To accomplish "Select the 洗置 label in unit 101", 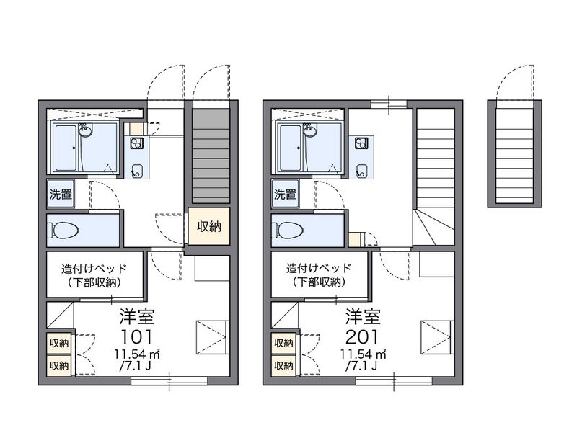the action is (x=61, y=194).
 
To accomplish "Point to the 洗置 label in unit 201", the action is (x=285, y=194).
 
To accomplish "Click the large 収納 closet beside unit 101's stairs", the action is (x=209, y=226).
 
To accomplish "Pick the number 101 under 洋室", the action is (x=136, y=336).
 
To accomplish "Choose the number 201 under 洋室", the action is (x=362, y=336).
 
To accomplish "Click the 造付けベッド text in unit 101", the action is (x=94, y=269).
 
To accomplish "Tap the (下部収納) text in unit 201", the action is (x=319, y=282).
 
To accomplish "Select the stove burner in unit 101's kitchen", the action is (x=136, y=143).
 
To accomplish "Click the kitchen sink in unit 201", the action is (x=361, y=171).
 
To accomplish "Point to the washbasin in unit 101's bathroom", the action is (x=85, y=130).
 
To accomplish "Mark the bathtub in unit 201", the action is (x=291, y=148).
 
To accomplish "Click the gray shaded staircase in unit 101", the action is (x=211, y=155).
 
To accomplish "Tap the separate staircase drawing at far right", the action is (x=514, y=153).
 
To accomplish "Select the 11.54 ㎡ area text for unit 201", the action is (x=363, y=354).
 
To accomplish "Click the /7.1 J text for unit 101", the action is (x=136, y=366).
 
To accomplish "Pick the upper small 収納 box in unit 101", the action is (x=59, y=343).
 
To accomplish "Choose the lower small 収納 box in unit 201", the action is (x=283, y=366).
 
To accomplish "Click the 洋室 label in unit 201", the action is (x=363, y=316).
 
